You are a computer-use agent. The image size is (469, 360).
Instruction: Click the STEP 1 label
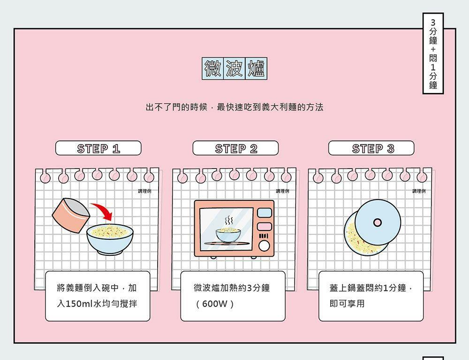(x=98, y=148)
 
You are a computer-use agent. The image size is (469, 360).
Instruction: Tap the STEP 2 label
(x=235, y=148)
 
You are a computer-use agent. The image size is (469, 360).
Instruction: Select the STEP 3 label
(x=371, y=148)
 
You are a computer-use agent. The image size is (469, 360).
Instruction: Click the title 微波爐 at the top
(x=234, y=69)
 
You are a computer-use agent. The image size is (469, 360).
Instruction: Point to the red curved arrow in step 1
(x=103, y=211)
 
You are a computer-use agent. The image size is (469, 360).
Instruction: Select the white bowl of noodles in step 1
(x=110, y=237)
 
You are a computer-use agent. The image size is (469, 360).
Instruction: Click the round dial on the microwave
(x=264, y=246)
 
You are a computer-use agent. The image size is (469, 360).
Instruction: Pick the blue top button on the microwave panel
(x=264, y=213)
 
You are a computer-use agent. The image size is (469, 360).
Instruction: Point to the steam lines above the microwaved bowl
(x=228, y=221)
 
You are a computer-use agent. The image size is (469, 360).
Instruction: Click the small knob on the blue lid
(x=378, y=222)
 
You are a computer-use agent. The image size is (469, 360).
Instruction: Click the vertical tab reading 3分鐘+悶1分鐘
(x=433, y=54)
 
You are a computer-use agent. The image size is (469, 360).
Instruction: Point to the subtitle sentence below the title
(x=234, y=107)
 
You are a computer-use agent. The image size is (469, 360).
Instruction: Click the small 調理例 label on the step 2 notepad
(x=282, y=191)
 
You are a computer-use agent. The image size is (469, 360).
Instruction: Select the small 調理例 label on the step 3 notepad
(x=419, y=191)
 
